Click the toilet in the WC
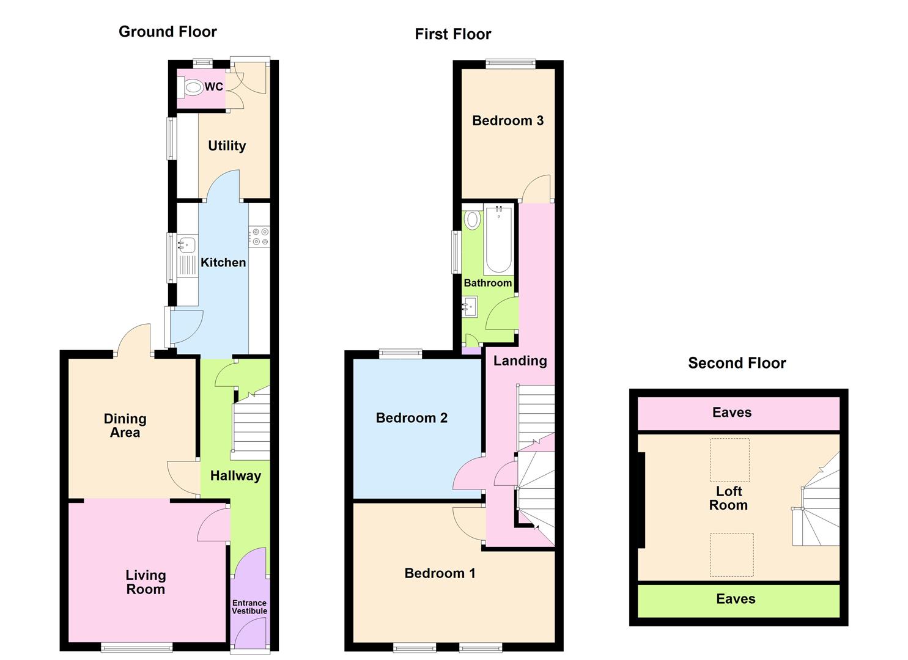[x=192, y=87]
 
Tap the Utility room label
[x=227, y=145]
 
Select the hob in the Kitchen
[x=259, y=237]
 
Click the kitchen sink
[x=186, y=245]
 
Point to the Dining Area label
[x=125, y=425]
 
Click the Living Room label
[x=146, y=582]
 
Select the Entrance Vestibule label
[x=249, y=607]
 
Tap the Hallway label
[x=235, y=475]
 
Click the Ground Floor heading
[x=168, y=31]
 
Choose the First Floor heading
[x=452, y=34]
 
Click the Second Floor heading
[x=737, y=363]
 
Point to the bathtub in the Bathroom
[x=498, y=240]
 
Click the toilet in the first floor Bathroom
[x=472, y=219]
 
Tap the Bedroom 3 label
[x=508, y=120]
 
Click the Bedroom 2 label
[x=412, y=418]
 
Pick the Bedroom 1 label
[x=440, y=573]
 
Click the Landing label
[x=520, y=361]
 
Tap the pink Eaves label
[x=732, y=413]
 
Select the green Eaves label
[x=736, y=599]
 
